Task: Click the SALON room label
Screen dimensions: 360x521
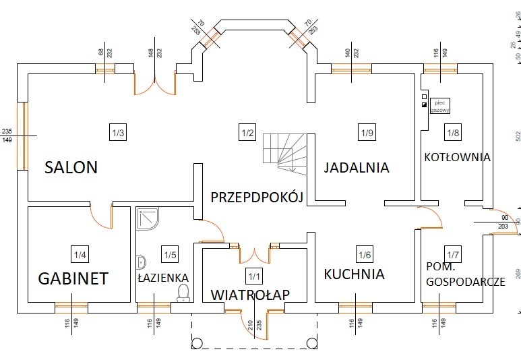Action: (71, 167)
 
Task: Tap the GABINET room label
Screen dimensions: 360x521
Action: (73, 278)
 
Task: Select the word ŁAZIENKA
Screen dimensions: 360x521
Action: (162, 277)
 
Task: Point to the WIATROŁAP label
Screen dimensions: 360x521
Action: (250, 295)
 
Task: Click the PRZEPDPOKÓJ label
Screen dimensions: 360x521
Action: (257, 197)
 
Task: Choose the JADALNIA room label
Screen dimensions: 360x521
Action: (356, 167)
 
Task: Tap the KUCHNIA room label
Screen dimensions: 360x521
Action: (354, 274)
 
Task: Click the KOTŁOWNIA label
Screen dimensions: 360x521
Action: (457, 157)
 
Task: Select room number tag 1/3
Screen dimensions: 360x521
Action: (117, 132)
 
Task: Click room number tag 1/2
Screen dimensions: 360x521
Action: (247, 132)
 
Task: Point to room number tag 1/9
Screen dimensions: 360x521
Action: (367, 132)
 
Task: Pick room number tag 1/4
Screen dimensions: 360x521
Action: (80, 254)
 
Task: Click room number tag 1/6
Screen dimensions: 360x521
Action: (365, 254)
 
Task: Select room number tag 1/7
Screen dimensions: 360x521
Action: (452, 254)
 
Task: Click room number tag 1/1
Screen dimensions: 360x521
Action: (253, 275)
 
